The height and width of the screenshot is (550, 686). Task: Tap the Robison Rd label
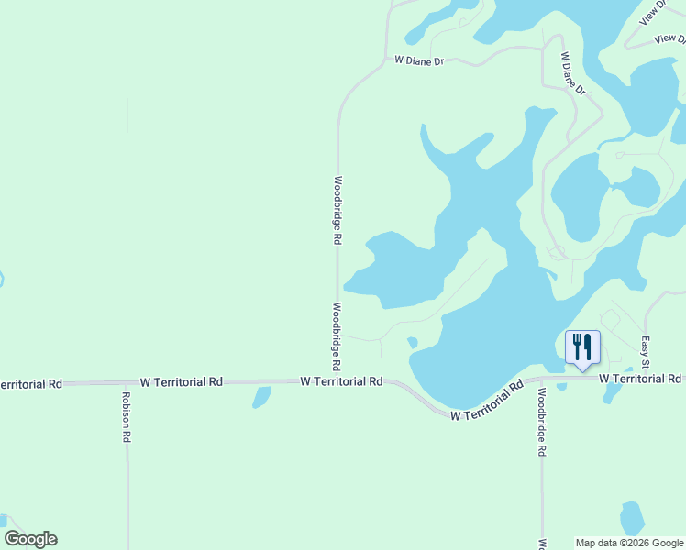(126, 418)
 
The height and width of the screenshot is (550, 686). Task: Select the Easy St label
(646, 352)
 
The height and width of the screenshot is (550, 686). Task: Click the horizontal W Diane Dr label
(419, 60)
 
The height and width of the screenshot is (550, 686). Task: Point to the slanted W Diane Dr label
(573, 72)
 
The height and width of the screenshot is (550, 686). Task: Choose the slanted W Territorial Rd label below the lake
(486, 401)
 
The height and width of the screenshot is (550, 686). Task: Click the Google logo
(30, 539)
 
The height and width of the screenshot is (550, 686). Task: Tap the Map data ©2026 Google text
(629, 543)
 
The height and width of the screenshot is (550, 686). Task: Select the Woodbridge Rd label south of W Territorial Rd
(542, 423)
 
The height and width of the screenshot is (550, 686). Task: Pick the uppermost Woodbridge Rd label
(337, 209)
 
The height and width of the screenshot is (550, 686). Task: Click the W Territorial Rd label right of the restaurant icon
(640, 379)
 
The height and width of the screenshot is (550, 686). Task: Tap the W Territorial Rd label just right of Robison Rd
(182, 381)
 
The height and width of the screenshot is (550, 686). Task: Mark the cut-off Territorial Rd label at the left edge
(31, 383)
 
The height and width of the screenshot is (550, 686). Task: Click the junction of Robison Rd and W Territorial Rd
(127, 382)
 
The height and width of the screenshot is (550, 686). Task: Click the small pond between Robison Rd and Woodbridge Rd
(261, 397)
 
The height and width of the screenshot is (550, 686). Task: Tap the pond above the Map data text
(632, 517)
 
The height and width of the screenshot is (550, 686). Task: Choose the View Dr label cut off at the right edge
(670, 39)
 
